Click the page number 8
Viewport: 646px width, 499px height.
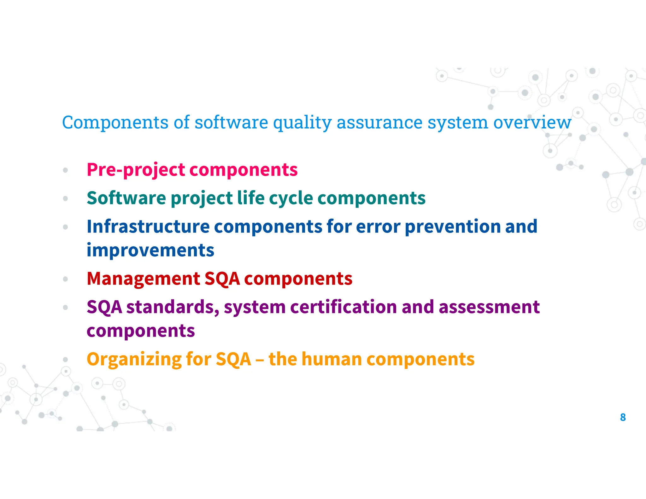point(623,417)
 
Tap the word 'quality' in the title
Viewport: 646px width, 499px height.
point(302,123)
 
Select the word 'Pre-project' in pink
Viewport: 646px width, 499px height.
point(136,170)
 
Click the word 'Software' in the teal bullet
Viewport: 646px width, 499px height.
point(126,198)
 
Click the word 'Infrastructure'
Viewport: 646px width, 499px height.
point(148,226)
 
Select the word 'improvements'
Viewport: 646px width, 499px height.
point(150,250)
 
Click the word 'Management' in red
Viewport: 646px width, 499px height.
point(143,279)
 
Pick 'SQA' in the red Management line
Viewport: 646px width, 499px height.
point(222,279)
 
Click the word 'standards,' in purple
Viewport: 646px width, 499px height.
point(173,307)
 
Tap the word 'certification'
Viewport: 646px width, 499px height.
point(344,307)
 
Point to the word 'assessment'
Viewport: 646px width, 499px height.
point(489,307)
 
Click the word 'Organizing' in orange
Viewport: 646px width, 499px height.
point(134,360)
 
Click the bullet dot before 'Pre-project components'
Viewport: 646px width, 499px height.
point(65,170)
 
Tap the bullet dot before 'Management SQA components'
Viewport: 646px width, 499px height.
point(65,279)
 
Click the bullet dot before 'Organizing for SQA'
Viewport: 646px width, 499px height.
point(65,359)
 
